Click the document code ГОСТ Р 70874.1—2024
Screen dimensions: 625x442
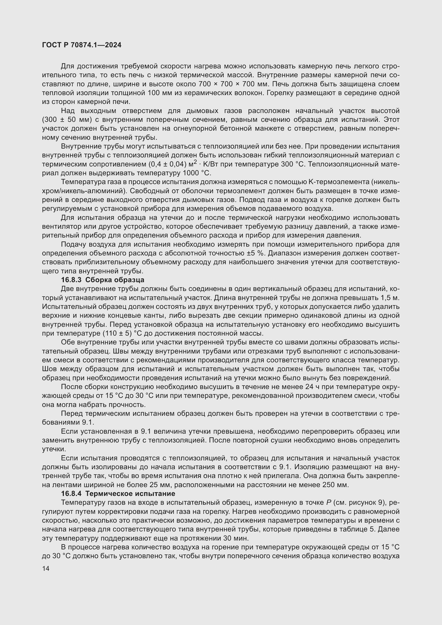tap(82, 45)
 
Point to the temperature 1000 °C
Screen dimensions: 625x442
tap(195, 173)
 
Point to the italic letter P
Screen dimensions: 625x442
tap(328, 503)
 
